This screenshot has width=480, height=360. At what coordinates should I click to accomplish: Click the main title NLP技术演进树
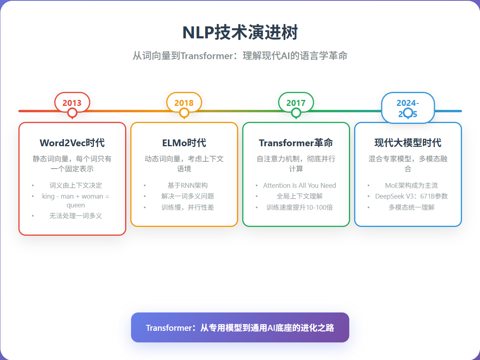point(240,32)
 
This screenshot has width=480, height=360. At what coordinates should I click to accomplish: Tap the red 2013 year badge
point(72,102)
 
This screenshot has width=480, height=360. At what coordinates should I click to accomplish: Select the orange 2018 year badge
point(184,102)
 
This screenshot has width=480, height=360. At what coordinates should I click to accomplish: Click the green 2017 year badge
point(296,102)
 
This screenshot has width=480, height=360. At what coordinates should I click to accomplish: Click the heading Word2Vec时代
point(72,143)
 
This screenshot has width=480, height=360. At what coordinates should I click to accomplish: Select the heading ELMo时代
point(184,143)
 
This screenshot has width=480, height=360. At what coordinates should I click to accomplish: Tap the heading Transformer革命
point(296,143)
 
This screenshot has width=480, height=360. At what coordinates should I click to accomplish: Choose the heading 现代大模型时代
point(408,143)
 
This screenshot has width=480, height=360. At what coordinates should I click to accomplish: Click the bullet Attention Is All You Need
point(299,185)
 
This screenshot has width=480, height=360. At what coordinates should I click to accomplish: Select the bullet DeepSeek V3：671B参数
point(411,196)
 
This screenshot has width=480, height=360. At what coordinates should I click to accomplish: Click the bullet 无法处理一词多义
point(76,216)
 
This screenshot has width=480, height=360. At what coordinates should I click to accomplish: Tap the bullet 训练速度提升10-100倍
point(299,207)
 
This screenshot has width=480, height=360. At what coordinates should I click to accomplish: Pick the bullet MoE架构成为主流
point(411,185)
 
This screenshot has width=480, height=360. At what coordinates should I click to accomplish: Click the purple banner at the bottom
point(240,328)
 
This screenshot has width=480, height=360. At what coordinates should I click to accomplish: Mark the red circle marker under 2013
point(72,113)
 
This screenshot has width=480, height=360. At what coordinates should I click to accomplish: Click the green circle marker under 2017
point(296,113)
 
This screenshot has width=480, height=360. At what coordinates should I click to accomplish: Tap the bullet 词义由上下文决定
point(76,185)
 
